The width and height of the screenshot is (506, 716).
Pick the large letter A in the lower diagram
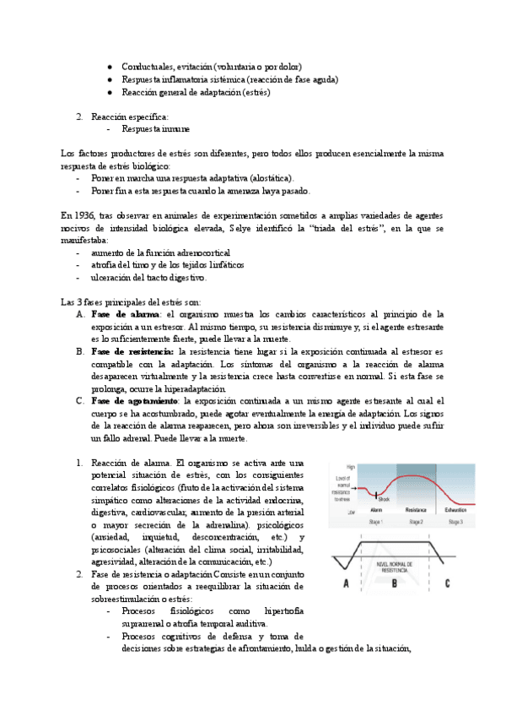point(346,583)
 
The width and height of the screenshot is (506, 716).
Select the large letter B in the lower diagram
point(394,583)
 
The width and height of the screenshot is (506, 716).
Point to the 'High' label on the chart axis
point(339,466)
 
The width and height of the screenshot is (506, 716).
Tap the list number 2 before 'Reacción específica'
point(78,116)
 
